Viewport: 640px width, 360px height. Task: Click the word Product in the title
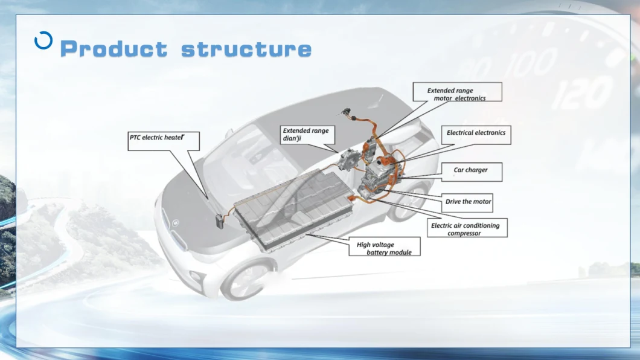point(114,49)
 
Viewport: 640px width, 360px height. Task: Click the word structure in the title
point(246,49)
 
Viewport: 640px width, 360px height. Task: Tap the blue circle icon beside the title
point(43,40)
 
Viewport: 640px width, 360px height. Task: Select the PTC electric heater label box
point(164,138)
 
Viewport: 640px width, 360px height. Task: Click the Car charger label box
point(470,172)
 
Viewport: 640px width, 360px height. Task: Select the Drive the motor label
point(468,202)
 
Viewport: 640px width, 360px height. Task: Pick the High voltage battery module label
point(384,247)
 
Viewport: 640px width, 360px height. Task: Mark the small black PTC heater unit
point(220,220)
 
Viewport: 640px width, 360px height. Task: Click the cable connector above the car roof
point(347,113)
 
